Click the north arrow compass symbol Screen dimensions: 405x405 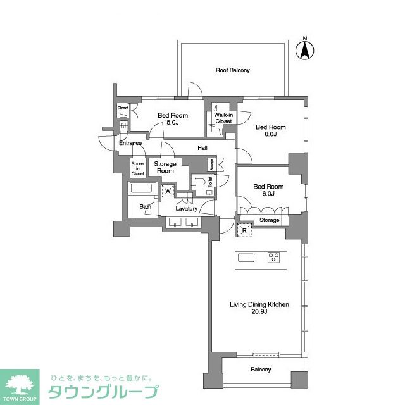point(304,49)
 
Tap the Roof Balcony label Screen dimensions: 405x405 point(233,70)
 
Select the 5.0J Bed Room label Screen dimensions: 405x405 point(173,119)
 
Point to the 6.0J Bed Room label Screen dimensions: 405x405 point(268,190)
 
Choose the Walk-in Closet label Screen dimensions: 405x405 point(223,118)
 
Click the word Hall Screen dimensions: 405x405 point(202,148)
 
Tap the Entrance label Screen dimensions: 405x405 point(130,143)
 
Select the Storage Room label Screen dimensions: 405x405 point(166,168)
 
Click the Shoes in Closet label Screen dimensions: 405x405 point(137,168)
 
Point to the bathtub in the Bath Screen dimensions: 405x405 point(142,189)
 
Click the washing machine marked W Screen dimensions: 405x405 point(168,190)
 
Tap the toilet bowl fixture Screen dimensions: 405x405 point(200,182)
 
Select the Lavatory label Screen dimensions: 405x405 point(187,208)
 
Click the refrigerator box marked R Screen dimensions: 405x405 point(244,230)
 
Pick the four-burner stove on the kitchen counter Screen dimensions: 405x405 point(274,257)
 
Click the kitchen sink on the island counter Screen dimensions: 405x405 point(246,257)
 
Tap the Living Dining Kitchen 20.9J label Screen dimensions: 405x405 point(259,308)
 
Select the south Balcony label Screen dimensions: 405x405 point(261,370)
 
